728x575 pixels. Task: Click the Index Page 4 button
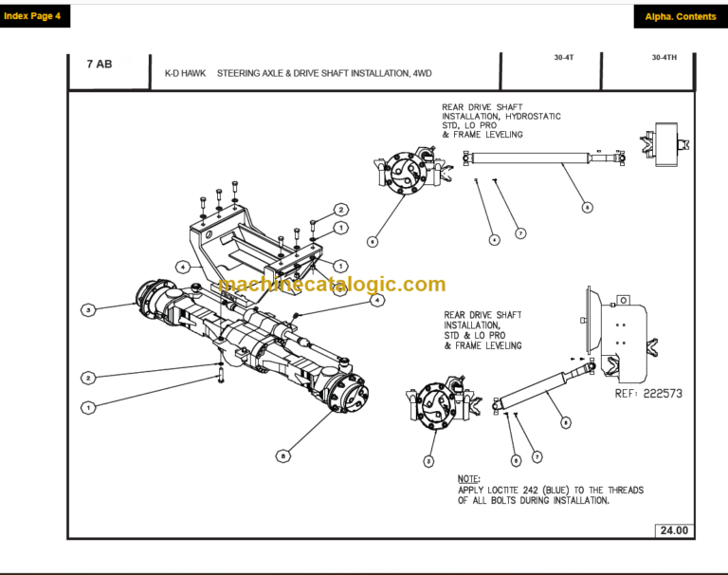[32, 16]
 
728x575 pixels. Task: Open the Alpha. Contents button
[680, 16]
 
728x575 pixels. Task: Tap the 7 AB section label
[100, 65]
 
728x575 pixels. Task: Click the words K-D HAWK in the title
[185, 73]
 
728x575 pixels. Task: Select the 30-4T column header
[564, 58]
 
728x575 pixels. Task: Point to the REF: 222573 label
[648, 393]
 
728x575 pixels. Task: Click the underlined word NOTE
[468, 479]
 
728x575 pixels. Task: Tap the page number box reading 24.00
[674, 530]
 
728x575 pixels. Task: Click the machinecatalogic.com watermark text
[331, 285]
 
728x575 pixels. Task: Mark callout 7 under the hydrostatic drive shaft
[519, 233]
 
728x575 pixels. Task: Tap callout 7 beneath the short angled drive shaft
[537, 456]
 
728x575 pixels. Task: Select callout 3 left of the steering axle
[88, 309]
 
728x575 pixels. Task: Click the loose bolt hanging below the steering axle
[221, 376]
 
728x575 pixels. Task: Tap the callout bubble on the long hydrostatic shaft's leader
[587, 206]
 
